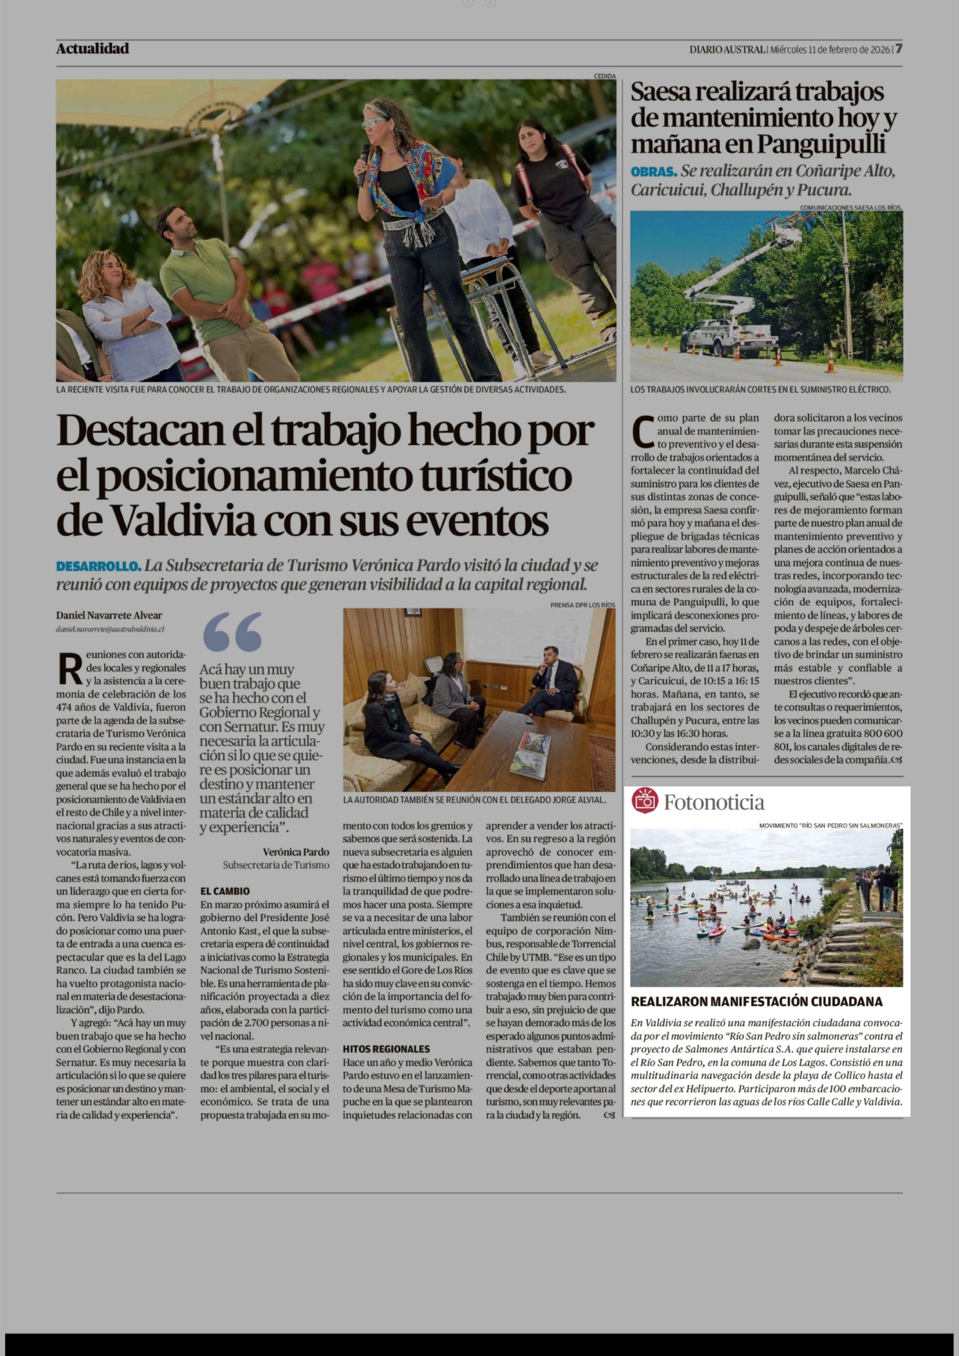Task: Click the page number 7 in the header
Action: [x=898, y=49]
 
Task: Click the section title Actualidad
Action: [x=93, y=49]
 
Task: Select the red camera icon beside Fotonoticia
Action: [x=645, y=801]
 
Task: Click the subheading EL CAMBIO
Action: [x=225, y=891]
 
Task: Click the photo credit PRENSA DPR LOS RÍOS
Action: [x=582, y=605]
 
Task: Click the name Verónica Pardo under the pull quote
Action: [x=296, y=852]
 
